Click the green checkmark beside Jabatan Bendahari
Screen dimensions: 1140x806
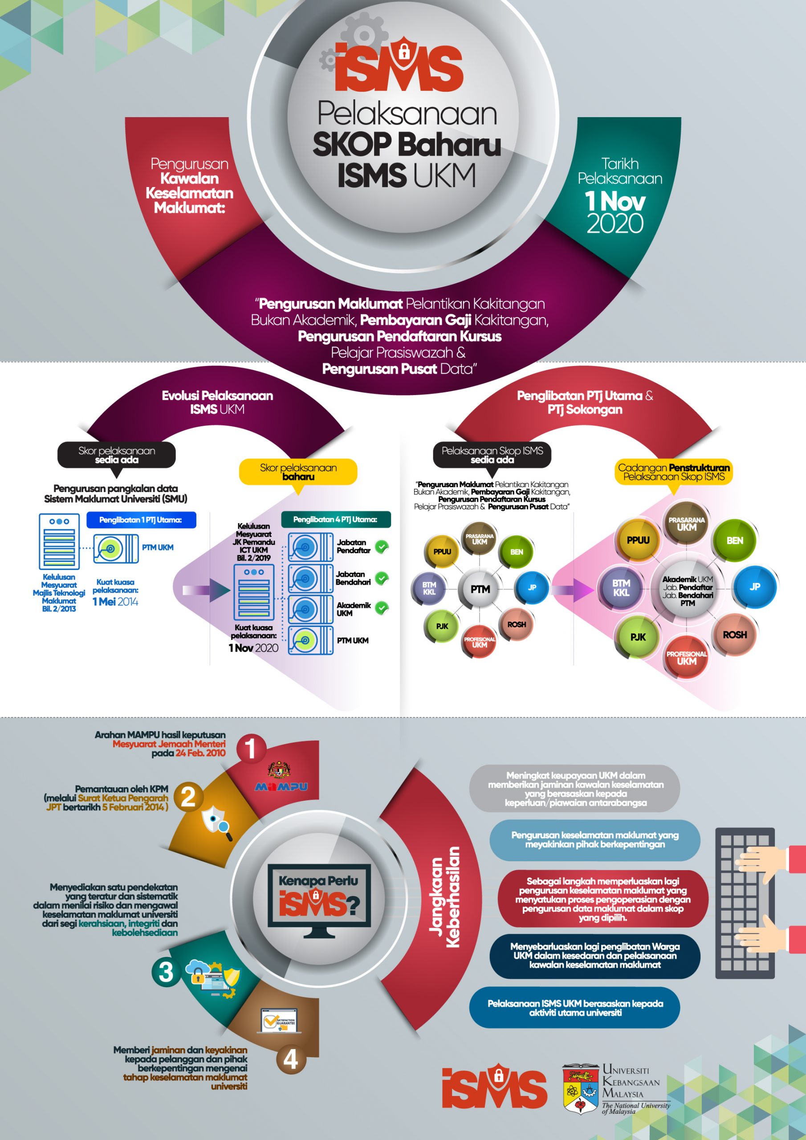tap(381, 578)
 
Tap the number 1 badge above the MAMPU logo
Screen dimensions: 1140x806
tap(251, 749)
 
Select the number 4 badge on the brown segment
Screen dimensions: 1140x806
tap(290, 1059)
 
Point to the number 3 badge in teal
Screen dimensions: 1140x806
tap(166, 972)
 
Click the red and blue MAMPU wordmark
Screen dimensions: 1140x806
tap(281, 786)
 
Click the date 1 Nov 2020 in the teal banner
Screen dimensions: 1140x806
tap(615, 212)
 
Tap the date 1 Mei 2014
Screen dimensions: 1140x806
tap(115, 602)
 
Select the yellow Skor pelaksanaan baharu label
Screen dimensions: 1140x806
tap(298, 472)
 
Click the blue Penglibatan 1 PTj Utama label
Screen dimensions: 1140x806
tap(141, 520)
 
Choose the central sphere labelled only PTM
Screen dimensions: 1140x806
tap(480, 589)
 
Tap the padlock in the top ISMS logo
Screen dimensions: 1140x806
tap(404, 51)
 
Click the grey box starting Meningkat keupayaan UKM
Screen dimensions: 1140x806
tap(575, 789)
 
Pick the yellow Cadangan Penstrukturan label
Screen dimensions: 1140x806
tap(673, 472)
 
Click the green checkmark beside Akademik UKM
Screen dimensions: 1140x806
tap(381, 608)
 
